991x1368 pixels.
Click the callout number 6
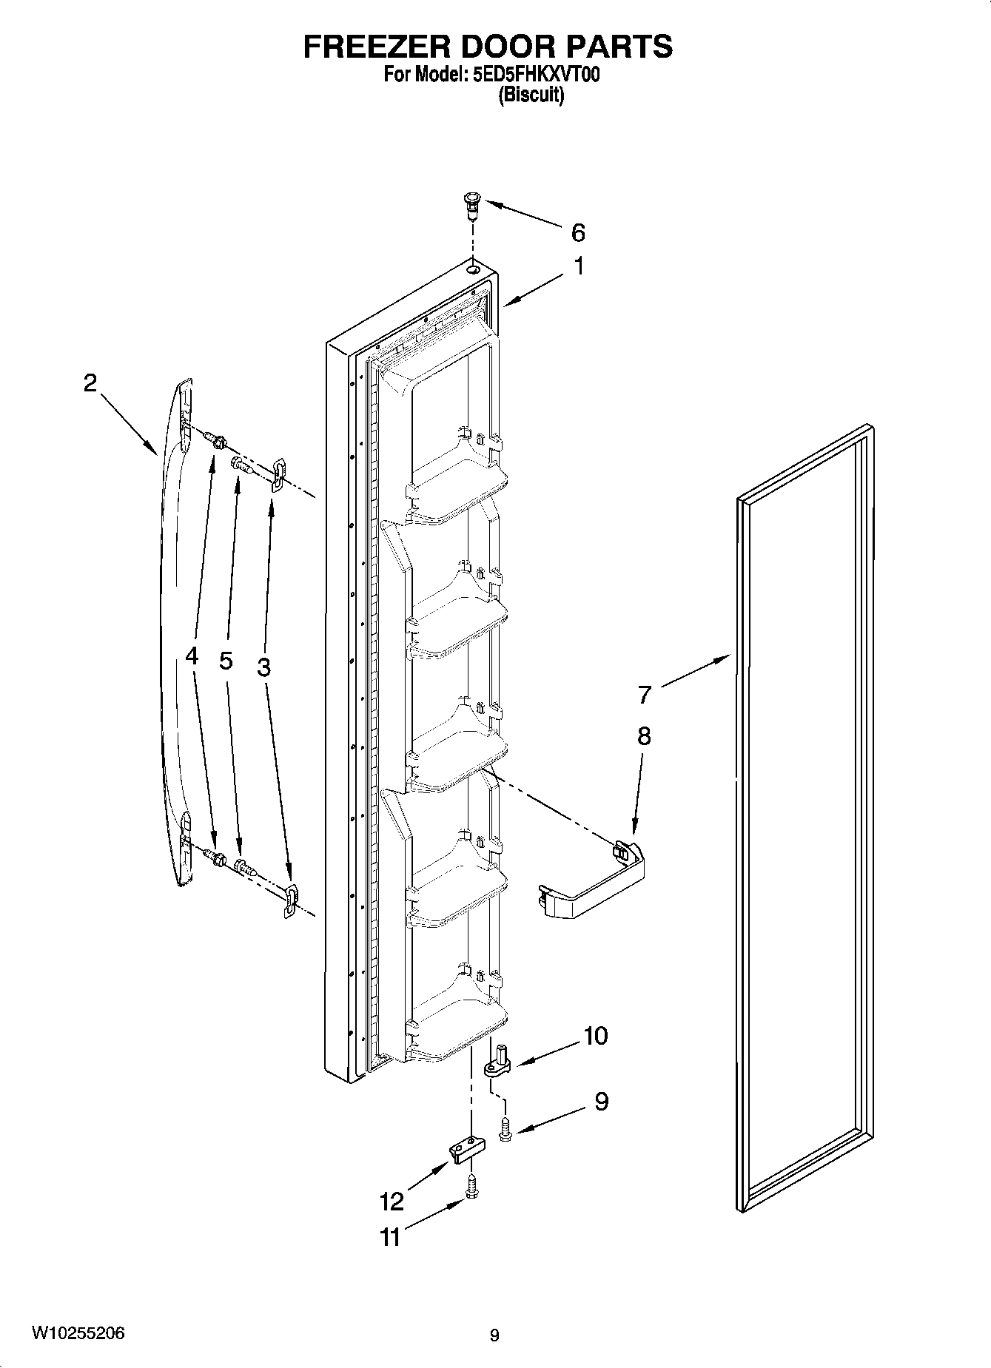[578, 232]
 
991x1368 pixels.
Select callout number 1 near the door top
[580, 266]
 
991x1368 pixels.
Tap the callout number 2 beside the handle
[90, 383]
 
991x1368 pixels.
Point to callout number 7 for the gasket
[645, 695]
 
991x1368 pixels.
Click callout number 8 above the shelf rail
[644, 735]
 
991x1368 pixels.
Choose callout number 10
[595, 1036]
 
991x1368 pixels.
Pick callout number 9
[601, 1102]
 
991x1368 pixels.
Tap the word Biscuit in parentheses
[531, 95]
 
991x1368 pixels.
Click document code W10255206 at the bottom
[78, 1333]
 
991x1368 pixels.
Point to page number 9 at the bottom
[494, 1335]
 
